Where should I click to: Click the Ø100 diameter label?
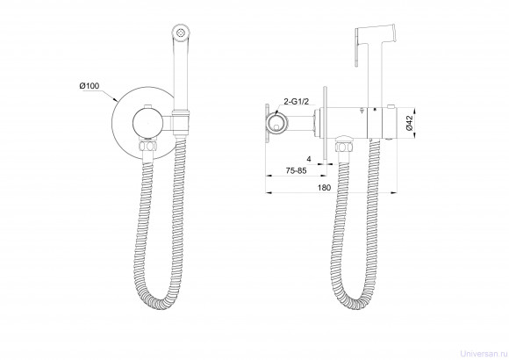click(90, 86)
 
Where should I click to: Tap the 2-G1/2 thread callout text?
click(296, 101)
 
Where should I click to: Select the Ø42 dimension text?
click(409, 123)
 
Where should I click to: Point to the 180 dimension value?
click(324, 188)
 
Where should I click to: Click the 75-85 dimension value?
click(296, 170)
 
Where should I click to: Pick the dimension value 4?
click(309, 159)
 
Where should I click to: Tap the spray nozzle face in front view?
click(180, 32)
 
